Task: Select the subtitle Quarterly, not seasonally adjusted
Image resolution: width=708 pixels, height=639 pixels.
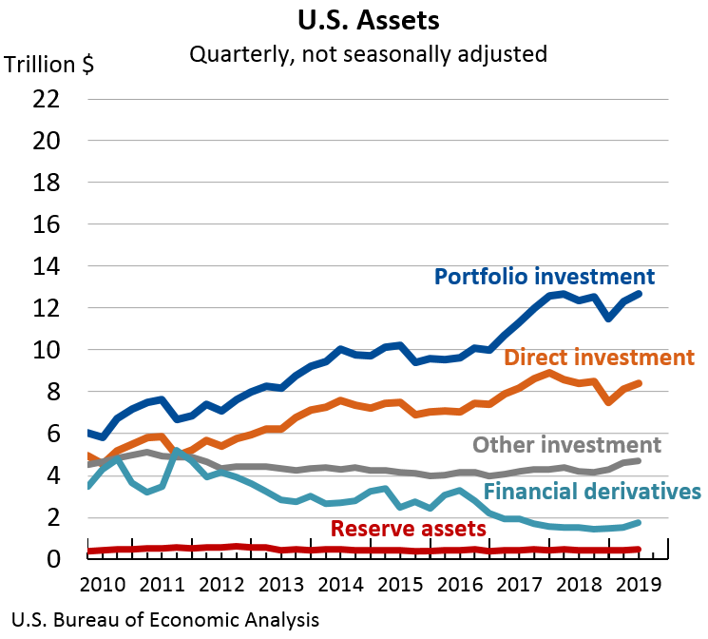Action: pos(368,53)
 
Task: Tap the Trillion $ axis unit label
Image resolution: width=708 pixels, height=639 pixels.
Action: pos(49,65)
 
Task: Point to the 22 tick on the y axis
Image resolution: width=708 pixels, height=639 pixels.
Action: pos(47,99)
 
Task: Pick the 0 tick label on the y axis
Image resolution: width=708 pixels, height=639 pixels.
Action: pos(56,559)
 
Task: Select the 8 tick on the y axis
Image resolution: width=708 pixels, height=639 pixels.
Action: pos(56,392)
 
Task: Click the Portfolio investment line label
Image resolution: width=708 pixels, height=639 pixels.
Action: pos(545,277)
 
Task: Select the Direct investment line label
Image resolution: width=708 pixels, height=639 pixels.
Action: pos(600,358)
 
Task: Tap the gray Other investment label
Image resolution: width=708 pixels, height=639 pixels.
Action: pos(566,445)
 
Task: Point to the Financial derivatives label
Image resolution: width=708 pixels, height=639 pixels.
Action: pos(592,491)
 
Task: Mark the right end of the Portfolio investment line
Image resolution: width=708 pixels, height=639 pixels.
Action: pos(639,294)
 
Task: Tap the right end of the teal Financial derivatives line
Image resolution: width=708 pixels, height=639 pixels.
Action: pos(639,522)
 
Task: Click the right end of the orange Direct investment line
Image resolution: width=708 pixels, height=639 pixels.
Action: pos(639,383)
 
